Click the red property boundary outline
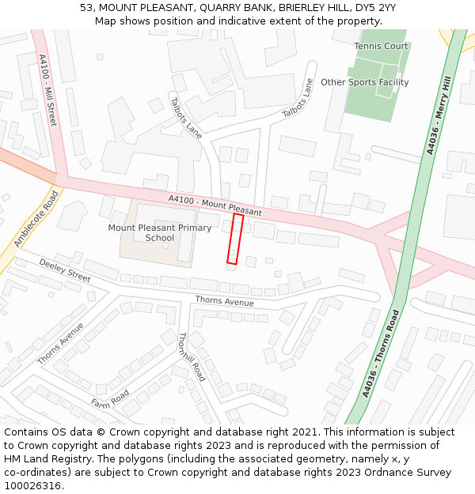[235, 238]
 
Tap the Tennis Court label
[381, 46]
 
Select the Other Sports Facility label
[364, 82]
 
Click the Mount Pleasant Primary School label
[160, 232]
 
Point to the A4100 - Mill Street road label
[47, 89]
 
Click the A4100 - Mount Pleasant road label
[215, 206]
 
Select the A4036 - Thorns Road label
[381, 354]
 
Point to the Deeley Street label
[65, 270]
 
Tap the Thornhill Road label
[192, 356]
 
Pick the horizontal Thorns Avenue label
[225, 301]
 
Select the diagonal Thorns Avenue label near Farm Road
[60, 344]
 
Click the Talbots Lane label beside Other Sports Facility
[298, 98]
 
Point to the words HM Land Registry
[42, 458]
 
